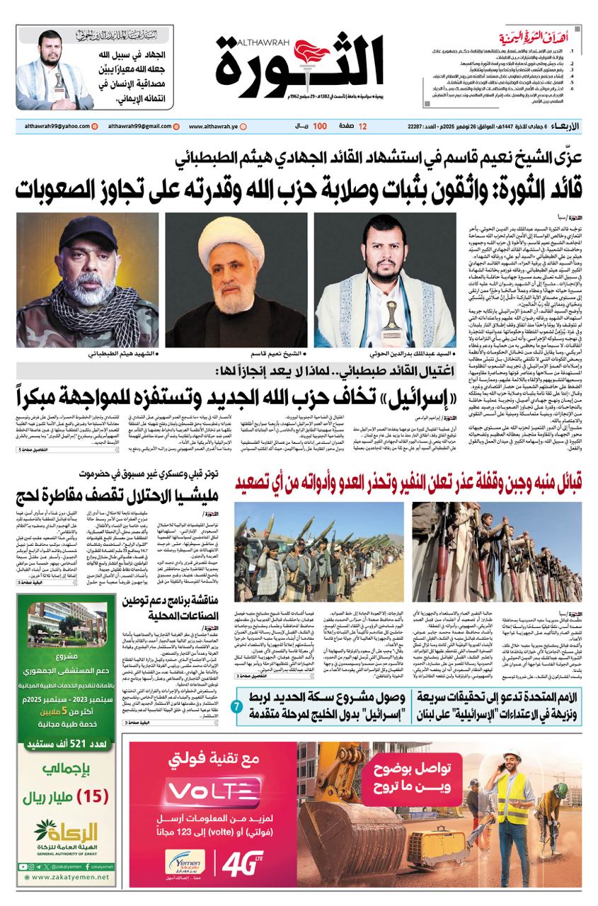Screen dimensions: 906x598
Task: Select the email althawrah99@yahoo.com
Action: tap(53, 126)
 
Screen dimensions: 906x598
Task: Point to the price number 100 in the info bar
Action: tap(320, 126)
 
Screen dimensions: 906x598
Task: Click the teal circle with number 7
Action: tap(236, 706)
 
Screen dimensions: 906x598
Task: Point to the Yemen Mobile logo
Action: tap(185, 865)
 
